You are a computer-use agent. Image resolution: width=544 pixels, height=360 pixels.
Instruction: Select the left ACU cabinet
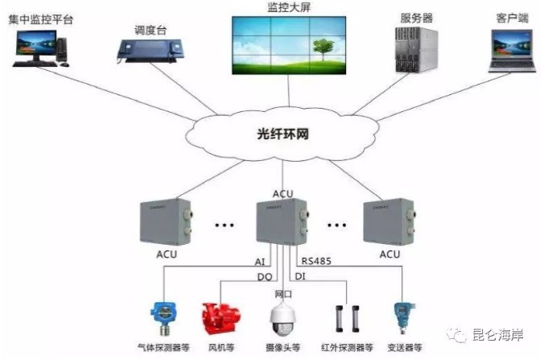click(164, 221)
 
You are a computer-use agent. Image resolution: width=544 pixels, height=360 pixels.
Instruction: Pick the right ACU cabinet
click(390, 221)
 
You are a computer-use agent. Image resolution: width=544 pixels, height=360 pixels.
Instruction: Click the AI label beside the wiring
click(259, 261)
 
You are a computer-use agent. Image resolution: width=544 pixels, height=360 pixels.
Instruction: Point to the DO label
click(263, 276)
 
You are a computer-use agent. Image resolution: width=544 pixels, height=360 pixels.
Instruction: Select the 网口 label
click(283, 294)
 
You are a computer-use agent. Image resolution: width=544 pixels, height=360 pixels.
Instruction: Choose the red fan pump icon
click(216, 317)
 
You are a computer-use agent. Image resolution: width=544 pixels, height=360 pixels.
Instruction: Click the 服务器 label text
click(414, 17)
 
